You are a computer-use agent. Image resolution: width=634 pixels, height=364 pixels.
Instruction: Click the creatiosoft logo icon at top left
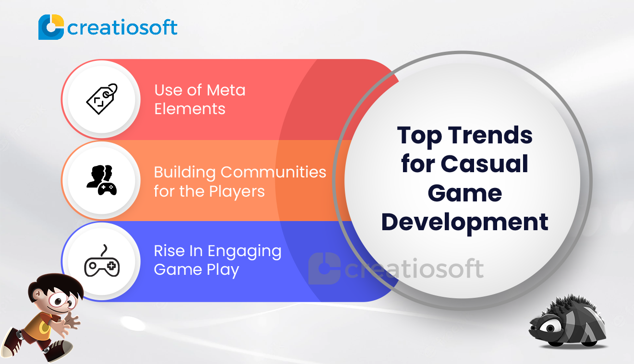point(51,27)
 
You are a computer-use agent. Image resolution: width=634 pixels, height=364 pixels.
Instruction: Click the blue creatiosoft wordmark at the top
point(122,27)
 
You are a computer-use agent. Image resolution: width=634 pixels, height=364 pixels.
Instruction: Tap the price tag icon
point(102,99)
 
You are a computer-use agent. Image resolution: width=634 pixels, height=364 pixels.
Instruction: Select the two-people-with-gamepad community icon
point(102,180)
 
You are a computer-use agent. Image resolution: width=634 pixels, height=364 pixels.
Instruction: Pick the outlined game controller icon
point(102,260)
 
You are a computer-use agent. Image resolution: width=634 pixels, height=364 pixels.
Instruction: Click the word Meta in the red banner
point(226,90)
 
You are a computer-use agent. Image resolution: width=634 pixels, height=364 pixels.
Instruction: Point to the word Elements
point(190,109)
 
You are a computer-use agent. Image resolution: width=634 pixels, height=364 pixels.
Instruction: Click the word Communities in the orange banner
point(273,172)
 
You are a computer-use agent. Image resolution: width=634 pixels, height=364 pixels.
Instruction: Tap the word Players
point(237,191)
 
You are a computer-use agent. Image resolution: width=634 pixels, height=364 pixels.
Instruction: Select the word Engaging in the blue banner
point(244,251)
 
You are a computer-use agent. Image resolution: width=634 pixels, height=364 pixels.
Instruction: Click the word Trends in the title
point(490,135)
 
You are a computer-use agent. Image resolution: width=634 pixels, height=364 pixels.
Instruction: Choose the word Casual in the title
point(484,164)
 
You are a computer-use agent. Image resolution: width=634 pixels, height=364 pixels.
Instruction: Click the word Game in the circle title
point(465,193)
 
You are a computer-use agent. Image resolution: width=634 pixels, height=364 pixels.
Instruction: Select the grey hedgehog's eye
point(549,328)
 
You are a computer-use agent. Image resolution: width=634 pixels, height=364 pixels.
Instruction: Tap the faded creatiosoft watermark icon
point(324,269)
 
